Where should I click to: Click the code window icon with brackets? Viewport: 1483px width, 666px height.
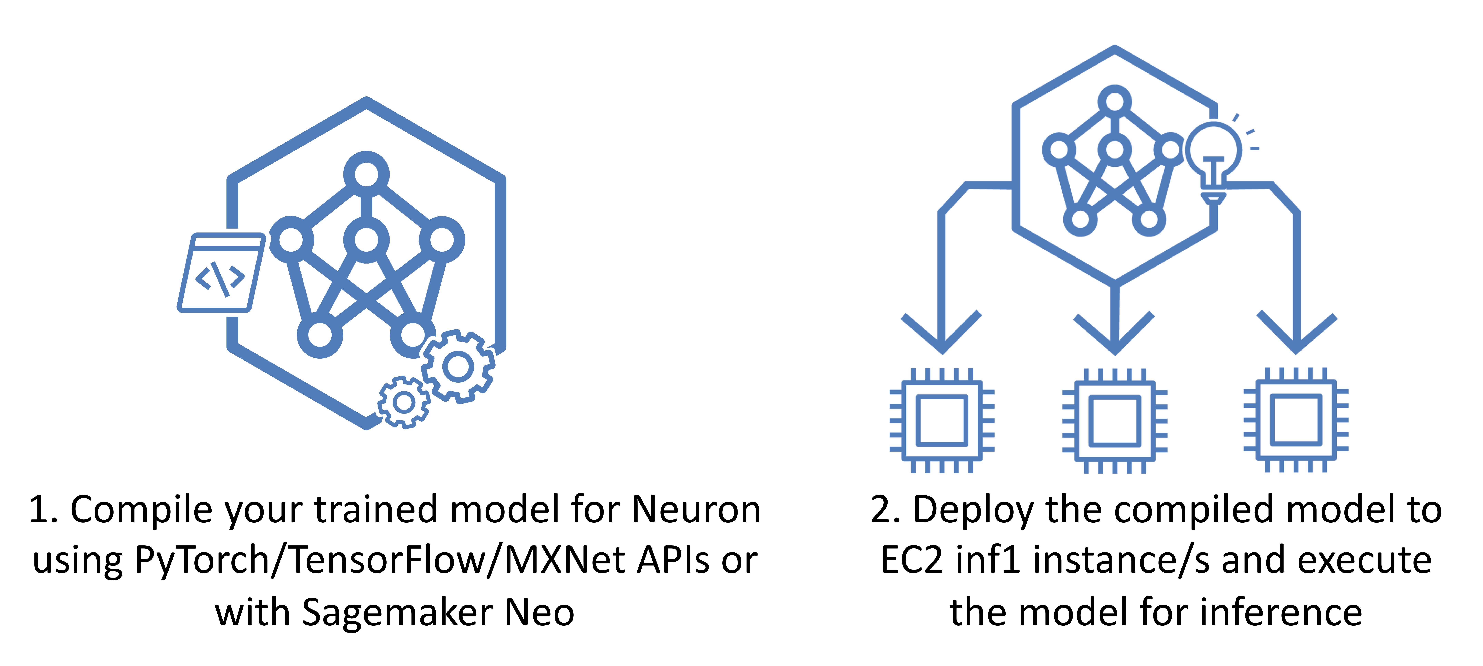[x=221, y=272]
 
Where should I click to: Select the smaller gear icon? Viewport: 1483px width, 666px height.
[x=404, y=402]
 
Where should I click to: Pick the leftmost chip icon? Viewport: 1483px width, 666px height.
[x=942, y=420]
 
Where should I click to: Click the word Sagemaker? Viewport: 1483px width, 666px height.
[x=397, y=613]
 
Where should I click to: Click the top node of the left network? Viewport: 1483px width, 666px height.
[x=366, y=174]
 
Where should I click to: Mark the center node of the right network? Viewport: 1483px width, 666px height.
[x=1115, y=150]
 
